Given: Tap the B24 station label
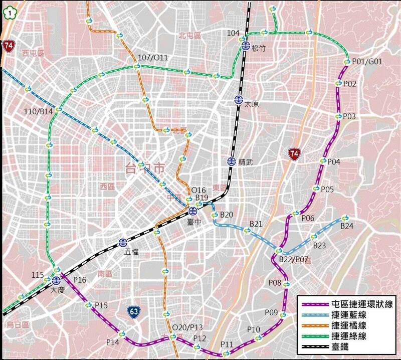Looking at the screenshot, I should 347,226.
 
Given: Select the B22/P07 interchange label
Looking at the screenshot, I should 294,259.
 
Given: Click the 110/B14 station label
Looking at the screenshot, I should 39,111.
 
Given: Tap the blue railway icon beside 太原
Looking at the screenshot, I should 238,99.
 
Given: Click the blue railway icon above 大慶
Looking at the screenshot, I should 56,280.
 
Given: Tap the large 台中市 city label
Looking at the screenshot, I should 145,169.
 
